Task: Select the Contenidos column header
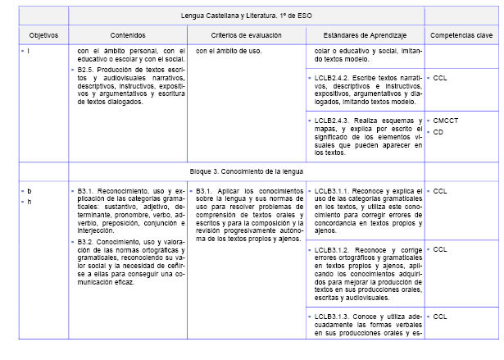point(127,36)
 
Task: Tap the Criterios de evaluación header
point(245,36)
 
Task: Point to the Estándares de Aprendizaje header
point(364,36)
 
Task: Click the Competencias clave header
point(461,36)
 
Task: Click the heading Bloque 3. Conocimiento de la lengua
point(246,171)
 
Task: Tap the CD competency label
point(438,131)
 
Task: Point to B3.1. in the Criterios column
point(207,191)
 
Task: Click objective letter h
point(30,202)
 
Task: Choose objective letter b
point(30,191)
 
